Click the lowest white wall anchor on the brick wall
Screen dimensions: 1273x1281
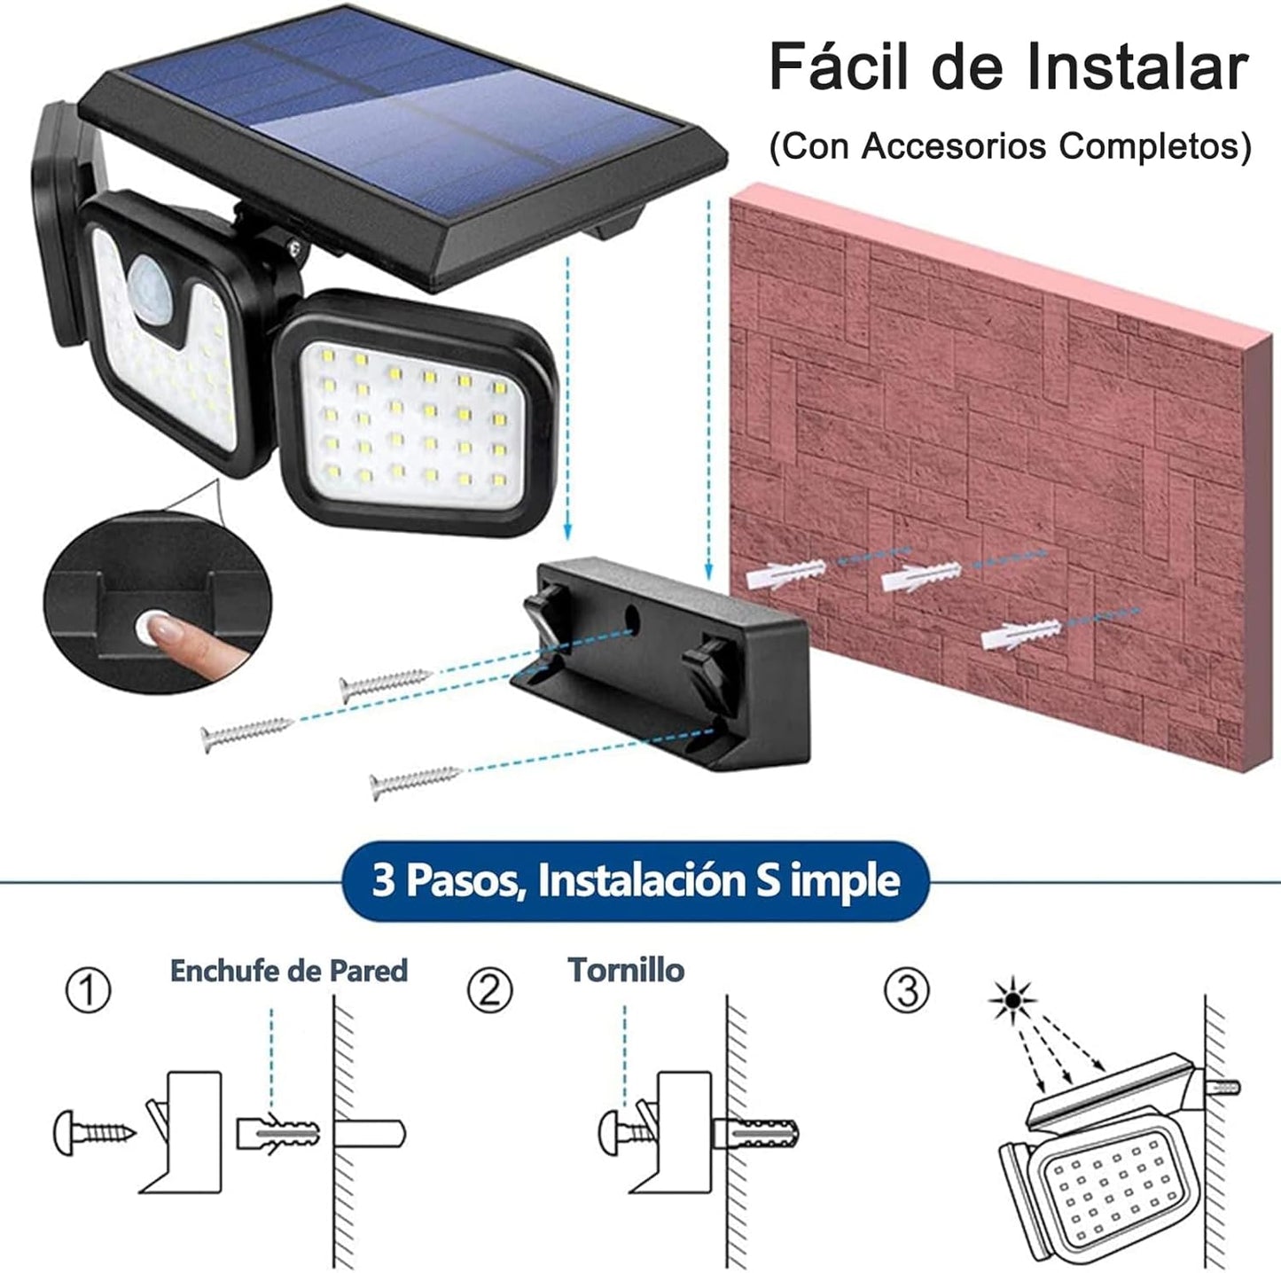point(1019,635)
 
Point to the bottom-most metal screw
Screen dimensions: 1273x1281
point(415,782)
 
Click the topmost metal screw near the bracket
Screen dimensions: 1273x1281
point(384,684)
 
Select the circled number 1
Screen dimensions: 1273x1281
point(89,990)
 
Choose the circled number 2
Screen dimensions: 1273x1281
point(489,990)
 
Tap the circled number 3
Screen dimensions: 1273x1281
point(906,990)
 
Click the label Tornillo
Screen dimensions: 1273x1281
point(626,970)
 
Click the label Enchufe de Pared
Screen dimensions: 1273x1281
point(288,971)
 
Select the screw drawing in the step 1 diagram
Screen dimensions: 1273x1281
point(94,1132)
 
